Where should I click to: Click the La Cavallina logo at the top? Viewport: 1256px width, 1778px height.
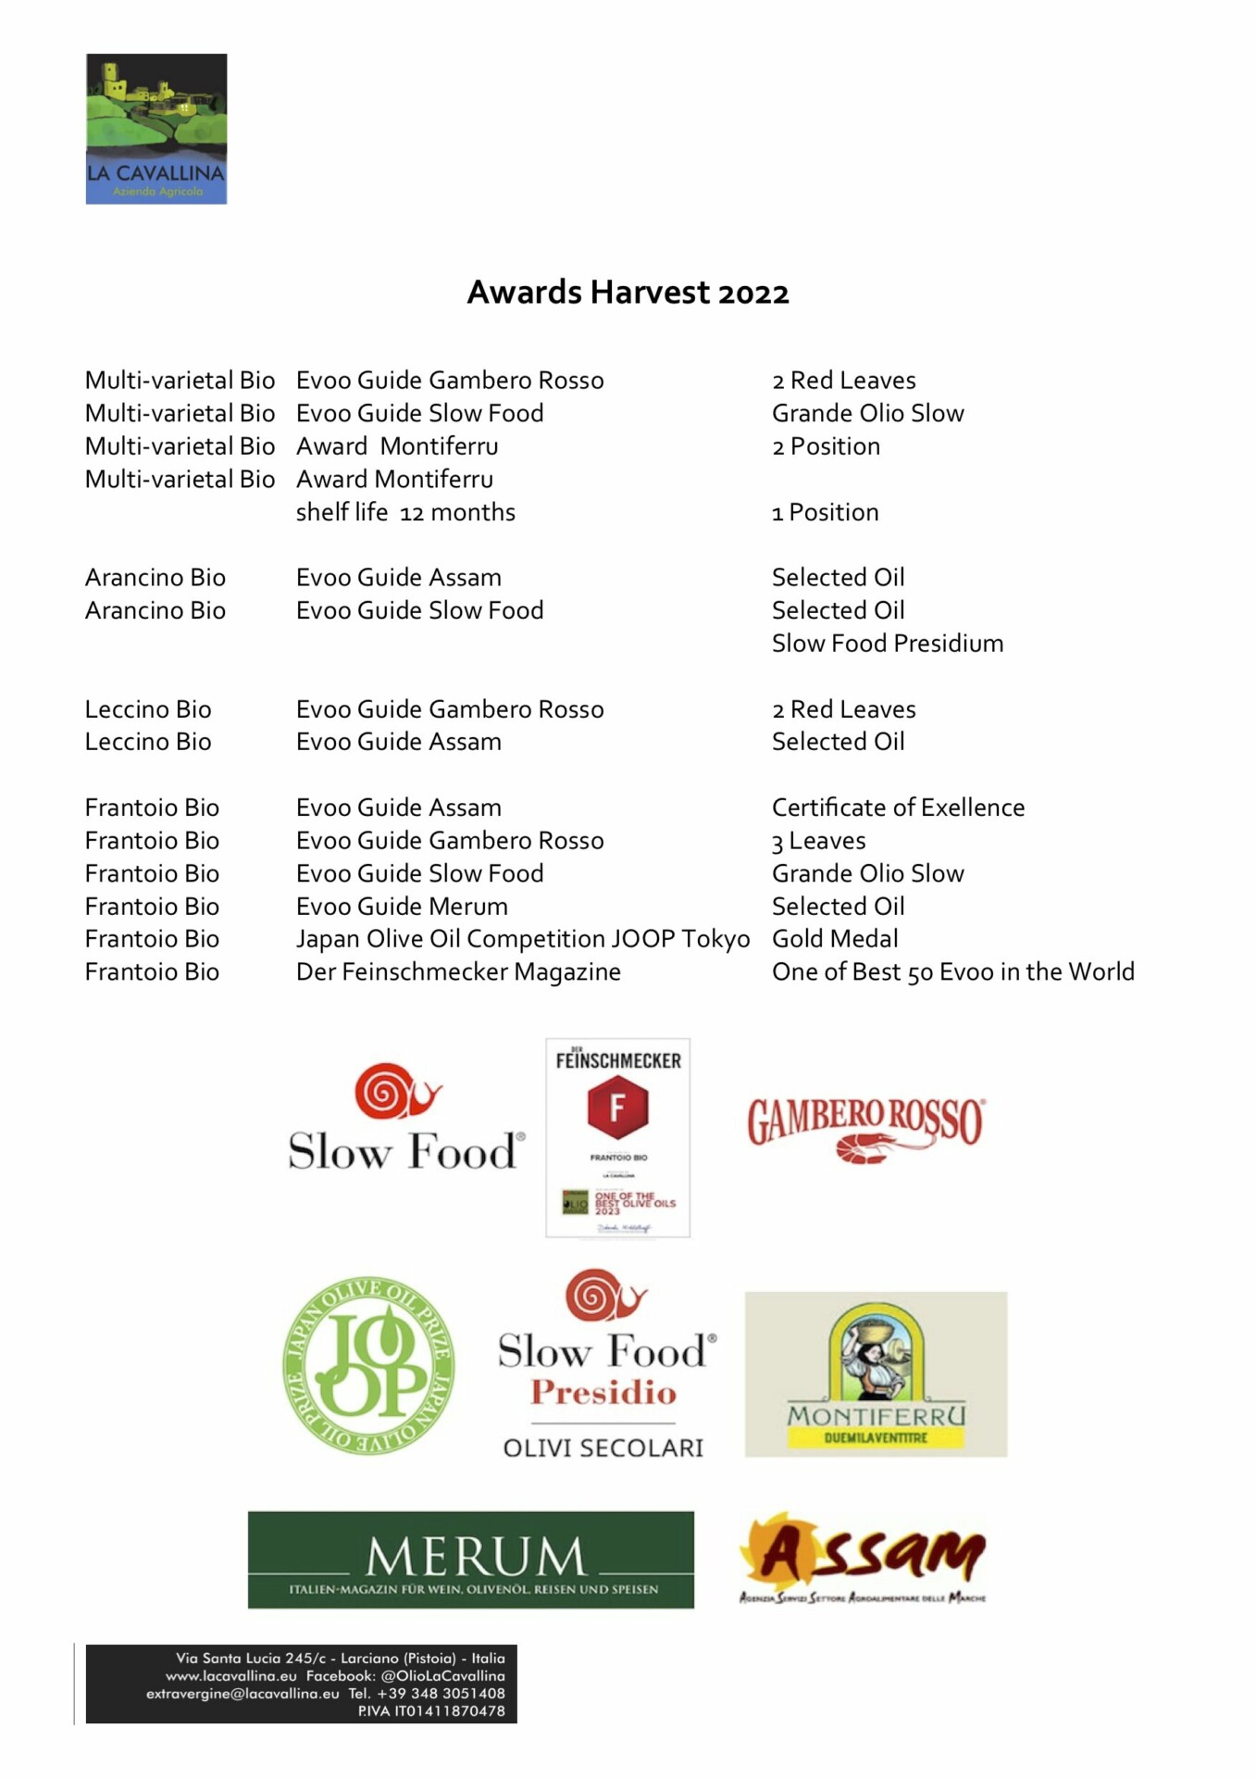(x=156, y=129)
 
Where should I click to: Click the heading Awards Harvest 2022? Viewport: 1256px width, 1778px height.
(x=628, y=293)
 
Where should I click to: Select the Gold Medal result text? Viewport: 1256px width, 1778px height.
(x=835, y=939)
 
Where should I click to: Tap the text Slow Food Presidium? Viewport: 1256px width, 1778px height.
(x=887, y=644)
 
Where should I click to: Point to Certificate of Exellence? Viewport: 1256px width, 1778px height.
(x=898, y=808)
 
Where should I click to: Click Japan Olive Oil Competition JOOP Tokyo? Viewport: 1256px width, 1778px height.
(x=522, y=939)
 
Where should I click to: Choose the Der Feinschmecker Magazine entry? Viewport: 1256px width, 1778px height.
(x=458, y=972)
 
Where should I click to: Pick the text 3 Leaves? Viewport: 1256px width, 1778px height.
(x=818, y=841)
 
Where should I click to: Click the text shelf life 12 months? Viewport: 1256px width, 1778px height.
(x=405, y=512)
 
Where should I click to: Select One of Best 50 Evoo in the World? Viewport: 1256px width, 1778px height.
(x=952, y=972)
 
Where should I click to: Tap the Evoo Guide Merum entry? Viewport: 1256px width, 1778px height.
(x=402, y=907)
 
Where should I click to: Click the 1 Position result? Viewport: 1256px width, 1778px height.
(x=825, y=512)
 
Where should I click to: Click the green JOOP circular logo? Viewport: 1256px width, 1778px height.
(x=368, y=1366)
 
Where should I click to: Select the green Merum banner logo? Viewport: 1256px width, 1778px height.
(x=470, y=1559)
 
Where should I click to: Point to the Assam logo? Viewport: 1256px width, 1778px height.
(x=863, y=1558)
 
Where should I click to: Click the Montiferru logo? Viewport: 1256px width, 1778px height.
(x=876, y=1374)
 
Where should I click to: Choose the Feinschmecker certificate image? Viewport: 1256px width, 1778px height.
(x=617, y=1137)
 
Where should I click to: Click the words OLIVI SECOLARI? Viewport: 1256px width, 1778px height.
(x=603, y=1447)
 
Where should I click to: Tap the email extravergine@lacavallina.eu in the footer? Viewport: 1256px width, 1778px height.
(x=242, y=1694)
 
